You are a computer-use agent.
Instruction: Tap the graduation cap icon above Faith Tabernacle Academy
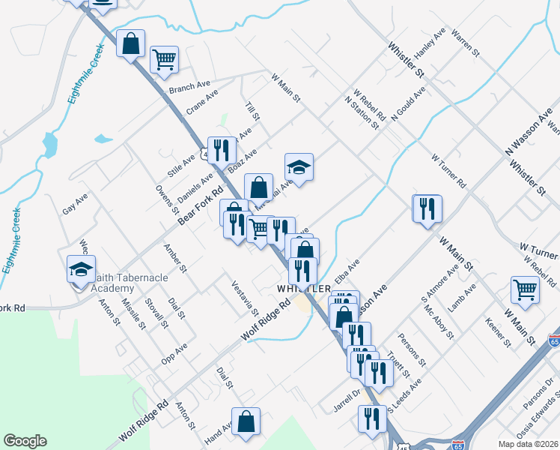tap(82, 268)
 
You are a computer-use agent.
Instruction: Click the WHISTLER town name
tap(303, 289)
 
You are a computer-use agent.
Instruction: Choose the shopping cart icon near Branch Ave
tap(163, 58)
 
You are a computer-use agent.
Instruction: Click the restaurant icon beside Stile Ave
tap(220, 148)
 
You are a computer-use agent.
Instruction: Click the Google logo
tap(25, 441)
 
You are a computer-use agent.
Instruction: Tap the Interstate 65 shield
tap(458, 445)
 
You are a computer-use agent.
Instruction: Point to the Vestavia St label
tap(245, 298)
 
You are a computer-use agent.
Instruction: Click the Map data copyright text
tap(529, 444)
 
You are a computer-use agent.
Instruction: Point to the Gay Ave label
tap(75, 204)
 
